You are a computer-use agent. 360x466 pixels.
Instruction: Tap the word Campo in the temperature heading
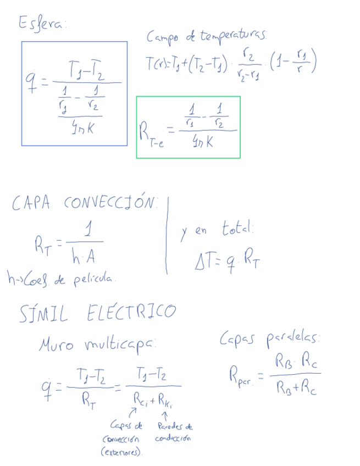click(162, 38)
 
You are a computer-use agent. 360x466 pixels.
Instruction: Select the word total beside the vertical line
click(237, 228)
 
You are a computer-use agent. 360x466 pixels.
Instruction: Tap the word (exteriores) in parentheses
click(121, 452)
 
